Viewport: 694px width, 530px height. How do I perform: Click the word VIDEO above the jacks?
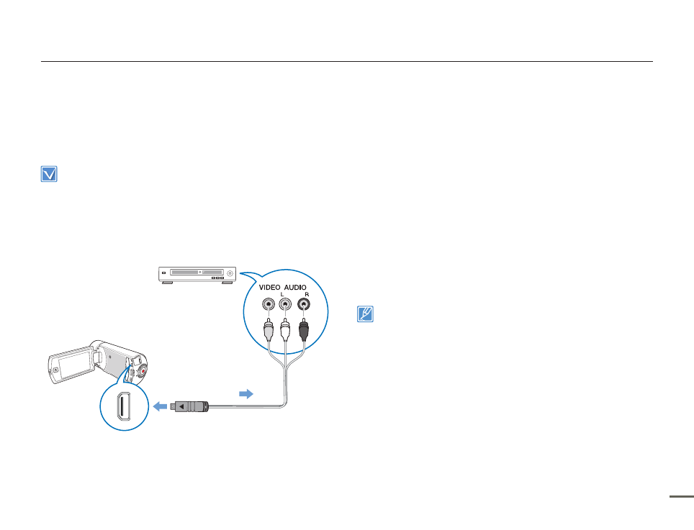click(269, 286)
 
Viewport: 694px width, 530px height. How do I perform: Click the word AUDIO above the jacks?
click(297, 286)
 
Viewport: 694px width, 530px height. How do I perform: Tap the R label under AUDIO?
click(306, 294)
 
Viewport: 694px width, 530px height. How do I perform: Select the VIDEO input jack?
click(269, 305)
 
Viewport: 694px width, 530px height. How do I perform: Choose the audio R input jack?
click(305, 305)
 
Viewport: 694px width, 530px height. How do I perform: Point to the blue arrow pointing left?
click(160, 406)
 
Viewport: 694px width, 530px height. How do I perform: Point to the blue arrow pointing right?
click(246, 394)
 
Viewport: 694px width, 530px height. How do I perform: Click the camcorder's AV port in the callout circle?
click(122, 406)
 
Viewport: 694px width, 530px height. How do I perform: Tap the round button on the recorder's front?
click(229, 273)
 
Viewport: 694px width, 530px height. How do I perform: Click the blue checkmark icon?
click(49, 175)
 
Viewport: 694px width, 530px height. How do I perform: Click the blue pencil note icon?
click(366, 314)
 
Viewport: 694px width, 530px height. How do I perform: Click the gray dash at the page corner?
click(682, 495)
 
